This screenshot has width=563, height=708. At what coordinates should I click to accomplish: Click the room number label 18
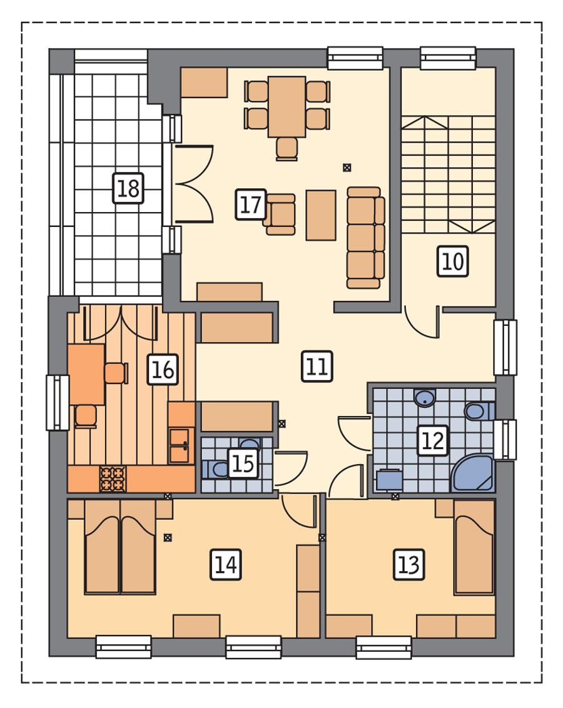click(128, 188)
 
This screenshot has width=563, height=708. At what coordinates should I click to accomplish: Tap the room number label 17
click(251, 205)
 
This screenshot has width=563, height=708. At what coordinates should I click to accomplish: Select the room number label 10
click(452, 261)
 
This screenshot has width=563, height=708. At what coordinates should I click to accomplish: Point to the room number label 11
click(317, 367)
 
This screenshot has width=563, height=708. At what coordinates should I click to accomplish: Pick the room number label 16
click(163, 370)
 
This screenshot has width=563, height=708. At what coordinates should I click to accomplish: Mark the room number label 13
click(408, 565)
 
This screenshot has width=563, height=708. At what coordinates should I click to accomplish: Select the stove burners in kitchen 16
click(113, 479)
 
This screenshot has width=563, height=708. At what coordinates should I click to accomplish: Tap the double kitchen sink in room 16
click(180, 445)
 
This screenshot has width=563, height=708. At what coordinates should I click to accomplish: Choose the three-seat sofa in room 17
click(365, 238)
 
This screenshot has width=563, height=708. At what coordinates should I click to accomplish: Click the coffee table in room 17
click(321, 215)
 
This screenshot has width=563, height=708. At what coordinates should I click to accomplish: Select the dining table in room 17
click(287, 106)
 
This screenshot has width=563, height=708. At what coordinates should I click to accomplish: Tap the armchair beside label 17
click(280, 214)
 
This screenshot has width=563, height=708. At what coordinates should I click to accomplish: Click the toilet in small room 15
click(215, 468)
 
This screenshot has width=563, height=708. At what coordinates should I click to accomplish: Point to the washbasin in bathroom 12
click(425, 397)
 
